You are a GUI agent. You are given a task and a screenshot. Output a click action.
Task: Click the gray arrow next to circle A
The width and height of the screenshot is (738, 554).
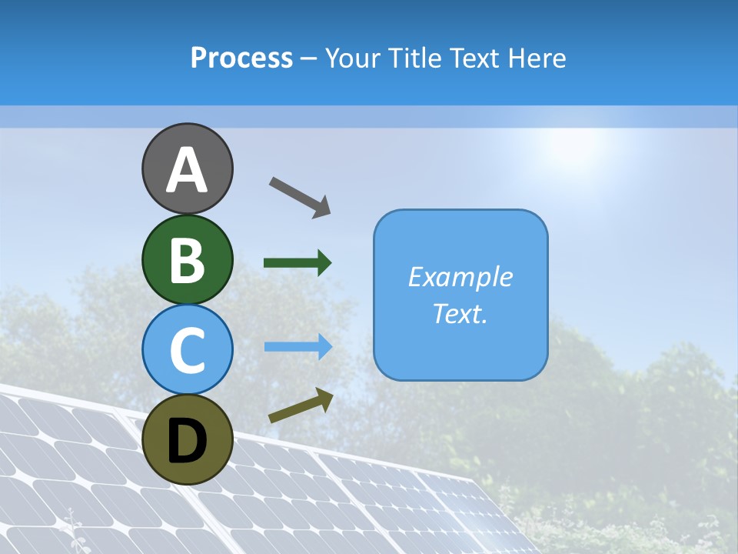coord(300,196)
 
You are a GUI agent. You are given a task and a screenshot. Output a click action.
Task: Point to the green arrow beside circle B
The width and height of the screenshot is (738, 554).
coord(298,263)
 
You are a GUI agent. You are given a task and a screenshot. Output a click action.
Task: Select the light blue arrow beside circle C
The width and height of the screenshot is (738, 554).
coord(298,346)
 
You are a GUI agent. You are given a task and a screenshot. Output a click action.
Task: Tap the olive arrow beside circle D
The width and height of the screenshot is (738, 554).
coord(301,405)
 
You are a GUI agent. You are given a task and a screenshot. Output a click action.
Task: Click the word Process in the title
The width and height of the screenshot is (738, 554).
coord(241,58)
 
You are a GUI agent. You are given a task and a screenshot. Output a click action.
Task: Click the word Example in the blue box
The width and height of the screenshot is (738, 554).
coord(460,277)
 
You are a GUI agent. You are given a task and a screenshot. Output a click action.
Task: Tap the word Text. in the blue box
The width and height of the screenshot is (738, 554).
coord(460,314)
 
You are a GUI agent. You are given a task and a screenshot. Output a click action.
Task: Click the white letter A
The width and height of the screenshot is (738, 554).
coord(187,171)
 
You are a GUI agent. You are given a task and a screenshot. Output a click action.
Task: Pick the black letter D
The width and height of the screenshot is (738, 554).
coord(187,441)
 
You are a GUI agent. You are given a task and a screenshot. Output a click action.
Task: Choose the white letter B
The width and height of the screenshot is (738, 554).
coord(187,261)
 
